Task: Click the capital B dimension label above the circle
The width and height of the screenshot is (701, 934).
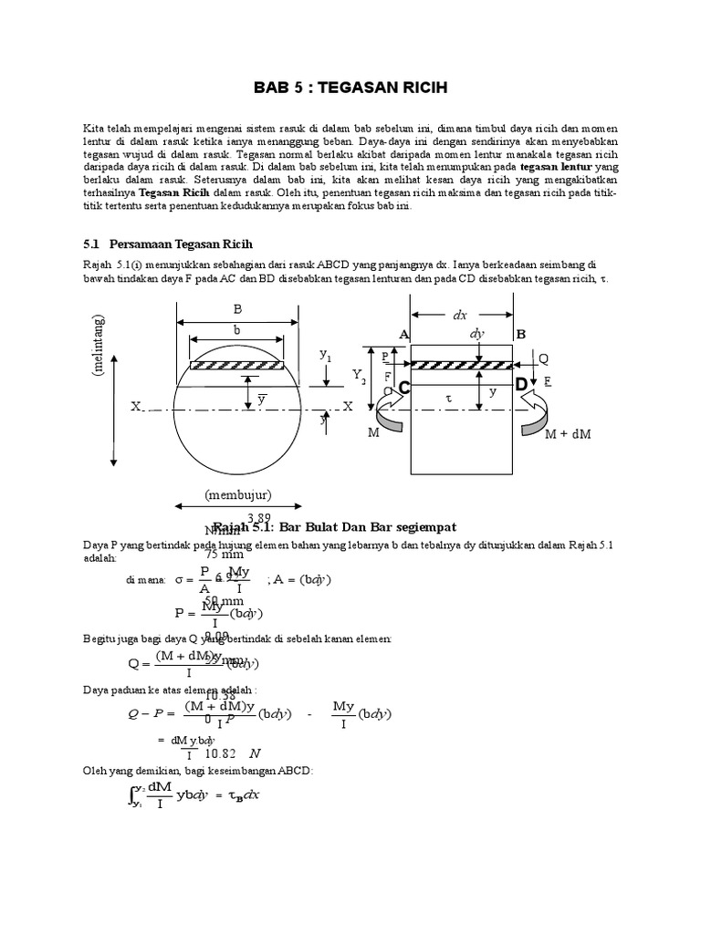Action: click(237, 308)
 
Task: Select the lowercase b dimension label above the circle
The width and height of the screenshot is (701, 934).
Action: click(237, 330)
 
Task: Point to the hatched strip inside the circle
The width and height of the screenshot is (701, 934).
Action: click(237, 366)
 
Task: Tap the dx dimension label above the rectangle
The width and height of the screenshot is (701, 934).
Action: click(460, 315)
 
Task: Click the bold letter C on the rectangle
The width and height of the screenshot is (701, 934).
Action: click(403, 388)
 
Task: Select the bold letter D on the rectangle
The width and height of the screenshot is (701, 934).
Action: click(521, 386)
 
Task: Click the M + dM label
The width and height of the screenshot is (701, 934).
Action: click(568, 433)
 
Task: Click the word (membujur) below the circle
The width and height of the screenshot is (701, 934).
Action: click(237, 495)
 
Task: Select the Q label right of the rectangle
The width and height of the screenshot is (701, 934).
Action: click(544, 358)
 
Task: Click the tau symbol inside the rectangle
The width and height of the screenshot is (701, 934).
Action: click(448, 400)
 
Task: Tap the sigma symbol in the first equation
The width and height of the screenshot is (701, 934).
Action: click(180, 578)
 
